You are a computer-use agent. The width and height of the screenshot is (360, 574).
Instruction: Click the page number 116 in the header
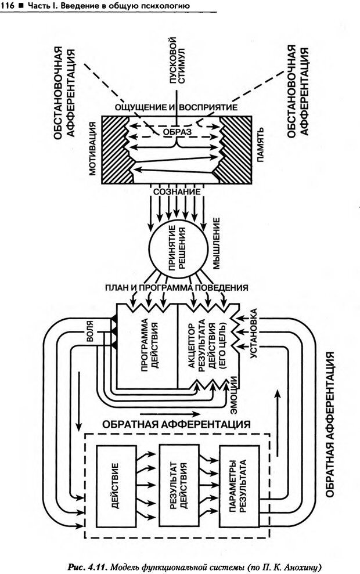coord(8,6)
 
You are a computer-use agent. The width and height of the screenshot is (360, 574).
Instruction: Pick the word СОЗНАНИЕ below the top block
coord(177,191)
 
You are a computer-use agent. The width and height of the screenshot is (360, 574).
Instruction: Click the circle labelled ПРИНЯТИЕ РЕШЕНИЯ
coord(177,250)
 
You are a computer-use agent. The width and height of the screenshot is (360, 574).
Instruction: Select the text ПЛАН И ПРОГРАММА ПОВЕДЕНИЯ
coord(177,287)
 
